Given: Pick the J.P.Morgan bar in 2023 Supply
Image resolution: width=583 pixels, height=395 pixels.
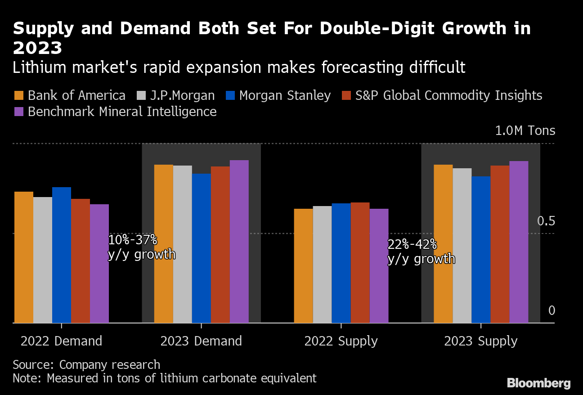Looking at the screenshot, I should [x=462, y=246].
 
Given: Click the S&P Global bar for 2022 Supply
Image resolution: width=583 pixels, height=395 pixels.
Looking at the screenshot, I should [x=360, y=263].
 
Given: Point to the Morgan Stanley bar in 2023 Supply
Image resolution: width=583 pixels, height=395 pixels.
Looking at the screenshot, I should [x=481, y=250].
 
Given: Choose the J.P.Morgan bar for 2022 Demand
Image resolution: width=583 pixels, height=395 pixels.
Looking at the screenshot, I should [x=43, y=260].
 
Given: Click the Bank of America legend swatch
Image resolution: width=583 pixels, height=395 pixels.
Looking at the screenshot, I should [x=18, y=96].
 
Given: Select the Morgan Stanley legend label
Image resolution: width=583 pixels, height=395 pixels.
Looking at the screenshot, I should [x=285, y=96].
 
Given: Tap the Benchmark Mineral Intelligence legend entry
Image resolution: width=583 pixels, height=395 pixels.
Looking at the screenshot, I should [x=122, y=112].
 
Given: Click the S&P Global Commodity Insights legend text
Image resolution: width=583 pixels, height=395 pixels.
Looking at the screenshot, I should [x=448, y=96].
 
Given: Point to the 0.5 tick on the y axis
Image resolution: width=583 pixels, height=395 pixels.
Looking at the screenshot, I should [x=546, y=221].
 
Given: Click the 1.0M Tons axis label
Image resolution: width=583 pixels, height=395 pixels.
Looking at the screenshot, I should [x=525, y=131].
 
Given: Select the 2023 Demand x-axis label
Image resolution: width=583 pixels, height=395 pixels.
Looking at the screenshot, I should [x=201, y=341].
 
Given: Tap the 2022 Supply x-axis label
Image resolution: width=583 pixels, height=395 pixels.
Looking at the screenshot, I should [x=341, y=341].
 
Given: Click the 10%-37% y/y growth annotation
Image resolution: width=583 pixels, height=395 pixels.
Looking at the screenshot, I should [x=141, y=247].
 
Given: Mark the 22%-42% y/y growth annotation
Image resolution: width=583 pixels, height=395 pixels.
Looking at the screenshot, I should [x=421, y=252].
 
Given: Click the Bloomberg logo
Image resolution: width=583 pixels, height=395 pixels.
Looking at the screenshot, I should [x=538, y=383].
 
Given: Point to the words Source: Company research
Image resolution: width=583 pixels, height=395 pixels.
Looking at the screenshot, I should [x=86, y=364].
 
